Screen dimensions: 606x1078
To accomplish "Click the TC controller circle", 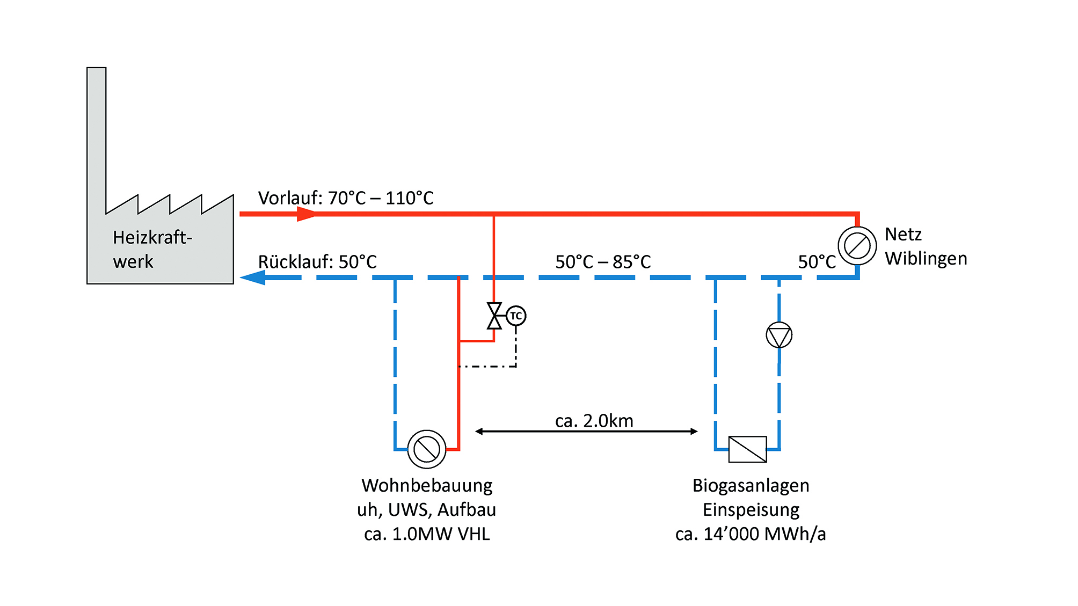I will tap(516, 316).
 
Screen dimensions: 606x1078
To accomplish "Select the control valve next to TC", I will tap(494, 316).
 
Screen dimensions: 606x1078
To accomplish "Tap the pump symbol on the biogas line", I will tap(779, 335).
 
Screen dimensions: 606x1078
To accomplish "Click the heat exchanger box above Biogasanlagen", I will tap(747, 449).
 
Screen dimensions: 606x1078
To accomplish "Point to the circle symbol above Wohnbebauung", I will tap(427, 449).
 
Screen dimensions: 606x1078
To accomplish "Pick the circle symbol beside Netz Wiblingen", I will tap(857, 246).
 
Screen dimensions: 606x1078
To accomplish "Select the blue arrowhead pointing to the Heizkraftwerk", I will tap(253, 278).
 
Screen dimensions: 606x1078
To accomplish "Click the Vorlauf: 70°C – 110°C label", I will tap(346, 198).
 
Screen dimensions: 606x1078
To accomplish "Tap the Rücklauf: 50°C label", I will tap(317, 262).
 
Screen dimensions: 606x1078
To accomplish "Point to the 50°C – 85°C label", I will tap(603, 262).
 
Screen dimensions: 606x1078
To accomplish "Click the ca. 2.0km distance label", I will tap(594, 421).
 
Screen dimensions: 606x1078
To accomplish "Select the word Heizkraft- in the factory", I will tap(152, 237).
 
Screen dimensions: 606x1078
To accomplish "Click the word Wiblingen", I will tap(926, 258).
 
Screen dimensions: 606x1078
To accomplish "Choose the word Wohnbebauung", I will tap(427, 485).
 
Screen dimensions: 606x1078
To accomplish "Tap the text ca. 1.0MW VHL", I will tap(427, 534).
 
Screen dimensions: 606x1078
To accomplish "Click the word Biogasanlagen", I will tap(751, 485).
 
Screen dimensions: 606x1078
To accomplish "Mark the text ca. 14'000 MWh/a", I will tap(751, 534).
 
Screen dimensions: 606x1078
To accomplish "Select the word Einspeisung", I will tap(751, 509).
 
